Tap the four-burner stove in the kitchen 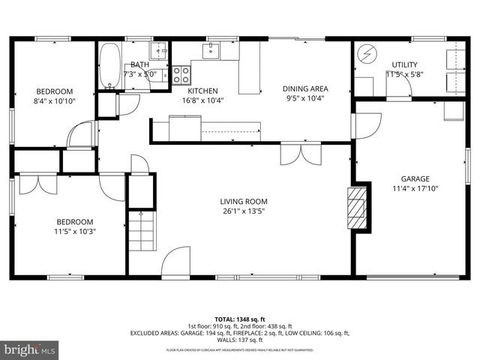tap(181, 75)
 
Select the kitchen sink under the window tap(211, 51)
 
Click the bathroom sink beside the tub tap(158, 52)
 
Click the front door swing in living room tap(175, 262)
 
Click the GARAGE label tap(415, 178)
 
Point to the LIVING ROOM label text tap(243, 201)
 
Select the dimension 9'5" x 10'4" tap(305, 99)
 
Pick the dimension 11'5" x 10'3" tap(75, 231)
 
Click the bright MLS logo tap(30, 349)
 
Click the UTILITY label tap(404, 64)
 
